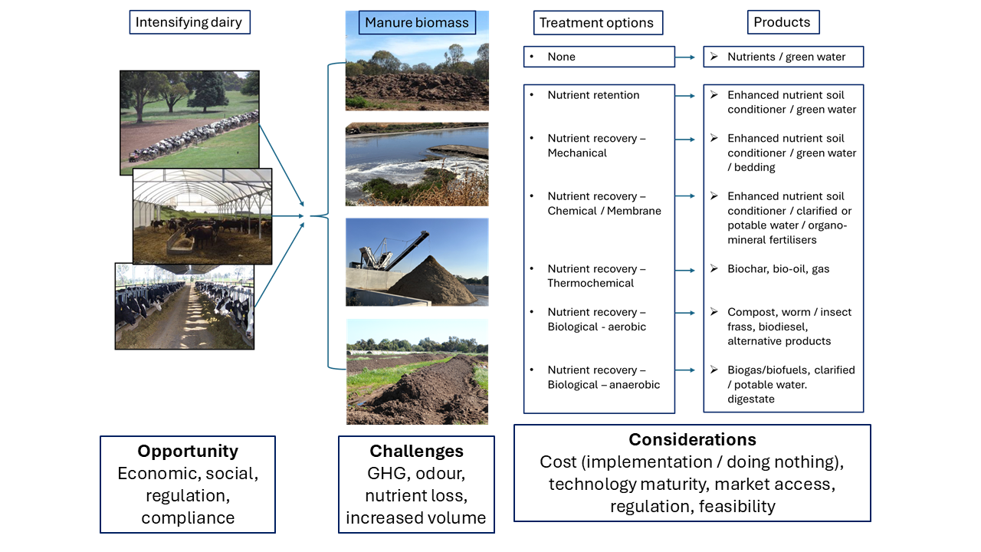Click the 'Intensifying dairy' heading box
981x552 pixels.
pyautogui.click(x=189, y=22)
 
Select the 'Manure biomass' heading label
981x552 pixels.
pyautogui.click(x=417, y=22)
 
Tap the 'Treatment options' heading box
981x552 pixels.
pyautogui.click(x=598, y=23)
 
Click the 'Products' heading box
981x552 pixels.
pyautogui.click(x=783, y=22)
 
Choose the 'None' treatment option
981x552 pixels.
pyautogui.click(x=561, y=57)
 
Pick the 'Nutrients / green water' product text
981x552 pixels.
pyautogui.click(x=786, y=57)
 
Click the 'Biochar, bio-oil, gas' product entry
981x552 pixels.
pyautogui.click(x=778, y=269)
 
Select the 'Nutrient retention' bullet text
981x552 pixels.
pyautogui.click(x=593, y=95)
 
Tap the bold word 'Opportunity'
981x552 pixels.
pyautogui.click(x=188, y=452)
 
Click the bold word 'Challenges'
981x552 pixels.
pyautogui.click(x=416, y=452)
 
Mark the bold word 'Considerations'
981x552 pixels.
pyautogui.click(x=692, y=440)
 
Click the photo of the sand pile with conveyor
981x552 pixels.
pyautogui.click(x=417, y=262)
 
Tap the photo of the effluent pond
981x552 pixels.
pyautogui.click(x=417, y=164)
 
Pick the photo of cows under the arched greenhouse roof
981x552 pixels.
pyautogui.click(x=202, y=216)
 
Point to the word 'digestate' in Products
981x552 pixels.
pyautogui.click(x=751, y=399)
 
